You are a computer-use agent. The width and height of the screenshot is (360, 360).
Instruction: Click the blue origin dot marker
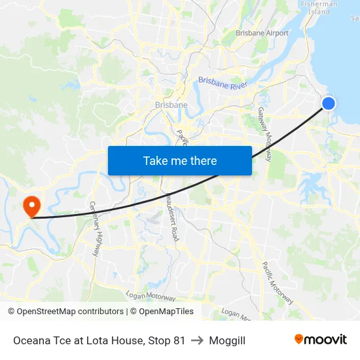(x=329, y=103)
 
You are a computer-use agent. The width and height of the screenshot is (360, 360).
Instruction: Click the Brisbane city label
(x=171, y=105)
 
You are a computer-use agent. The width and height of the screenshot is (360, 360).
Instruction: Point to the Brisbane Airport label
(x=262, y=33)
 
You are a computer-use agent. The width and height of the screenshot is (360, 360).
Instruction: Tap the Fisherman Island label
(x=319, y=7)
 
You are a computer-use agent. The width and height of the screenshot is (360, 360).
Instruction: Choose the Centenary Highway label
(x=97, y=228)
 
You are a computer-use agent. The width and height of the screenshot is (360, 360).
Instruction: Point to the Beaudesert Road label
(x=171, y=217)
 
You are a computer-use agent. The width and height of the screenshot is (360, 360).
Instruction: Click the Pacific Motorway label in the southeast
(x=278, y=283)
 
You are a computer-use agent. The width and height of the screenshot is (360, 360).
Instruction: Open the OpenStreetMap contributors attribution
(x=65, y=312)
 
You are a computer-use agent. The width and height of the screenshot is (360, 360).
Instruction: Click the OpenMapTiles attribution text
(x=162, y=312)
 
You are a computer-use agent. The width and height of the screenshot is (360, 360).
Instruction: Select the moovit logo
(x=321, y=340)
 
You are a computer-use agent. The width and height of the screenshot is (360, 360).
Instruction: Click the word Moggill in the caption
(x=227, y=340)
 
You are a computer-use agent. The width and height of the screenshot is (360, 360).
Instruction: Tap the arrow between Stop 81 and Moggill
(x=197, y=340)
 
